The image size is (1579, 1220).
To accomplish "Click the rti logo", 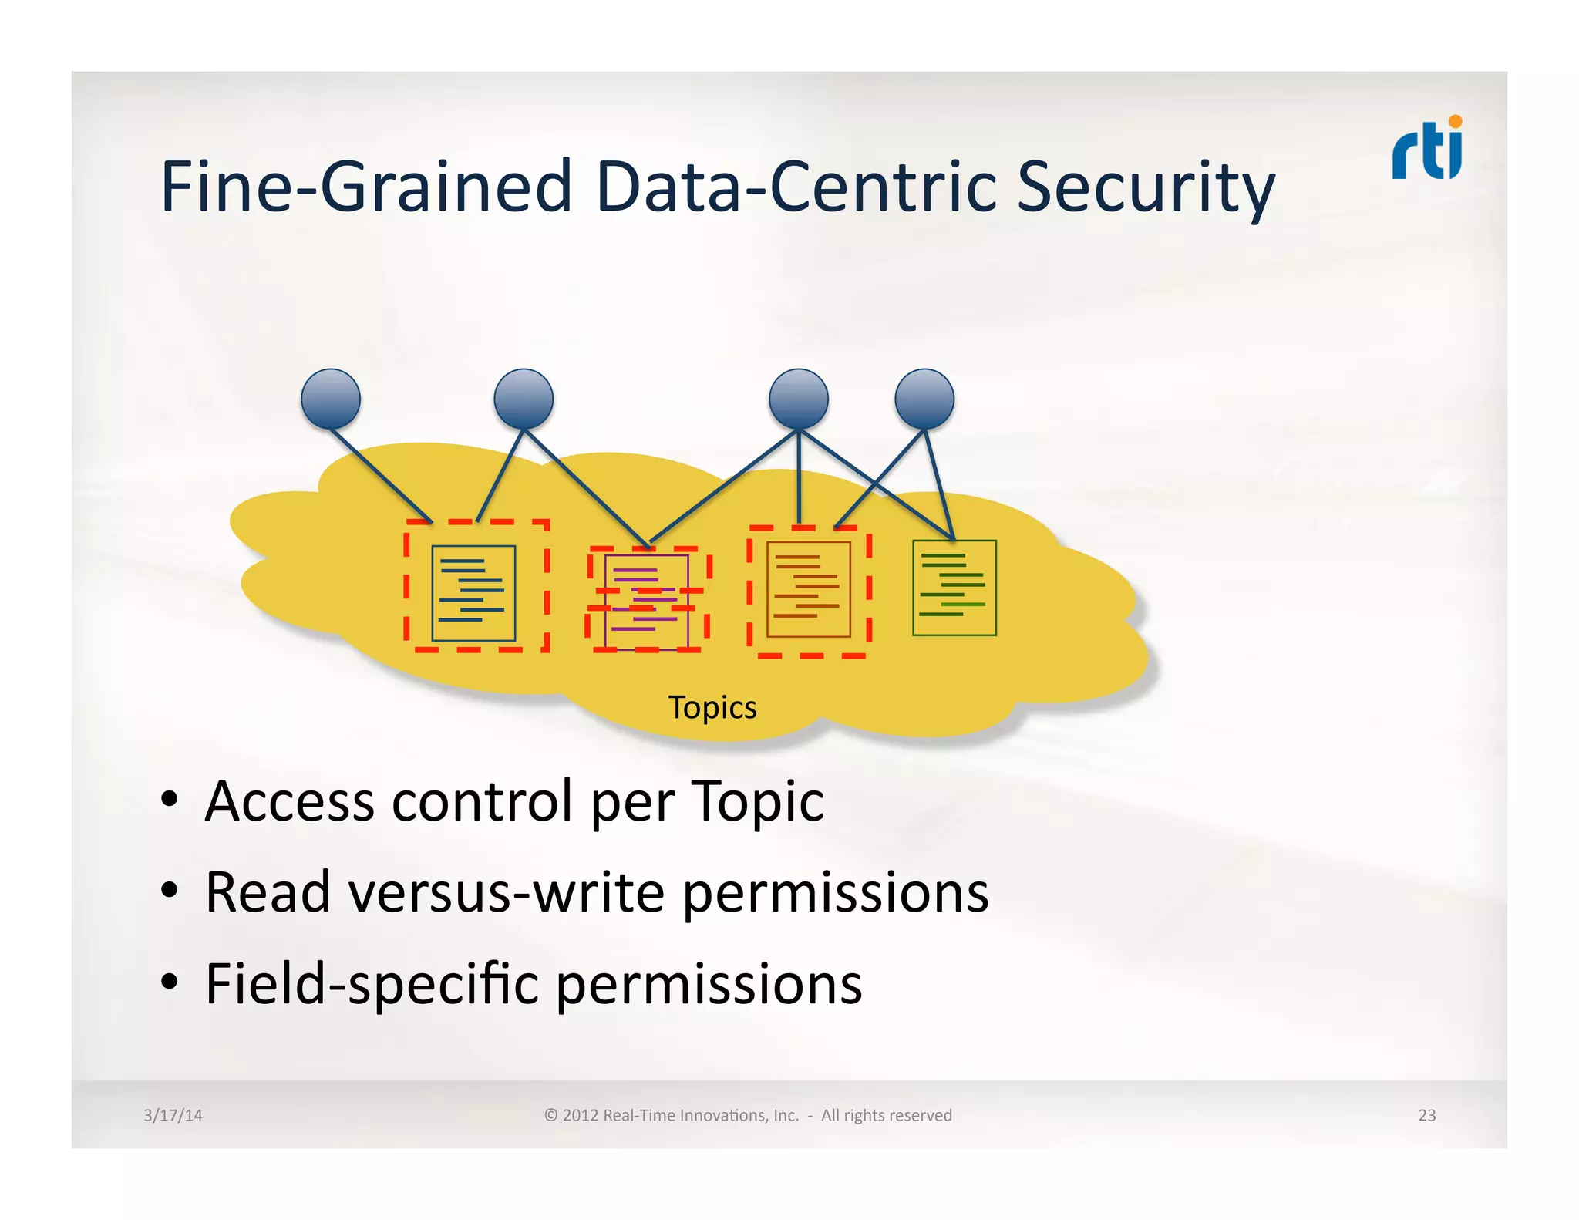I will click(x=1427, y=148).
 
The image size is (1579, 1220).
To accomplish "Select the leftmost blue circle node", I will click(x=331, y=399).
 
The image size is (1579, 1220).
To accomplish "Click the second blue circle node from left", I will click(x=524, y=399).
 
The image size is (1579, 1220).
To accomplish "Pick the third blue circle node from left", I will click(x=799, y=399).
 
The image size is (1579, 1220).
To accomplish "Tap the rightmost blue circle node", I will click(x=924, y=399).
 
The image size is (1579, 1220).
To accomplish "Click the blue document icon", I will click(x=473, y=593).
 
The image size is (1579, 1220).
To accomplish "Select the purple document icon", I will click(x=646, y=601).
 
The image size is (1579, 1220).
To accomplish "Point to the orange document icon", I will click(x=808, y=589).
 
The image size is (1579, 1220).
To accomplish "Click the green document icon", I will click(x=954, y=588).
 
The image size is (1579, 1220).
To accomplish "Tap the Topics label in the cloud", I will click(x=712, y=707).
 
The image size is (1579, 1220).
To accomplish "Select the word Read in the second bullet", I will click(x=268, y=892).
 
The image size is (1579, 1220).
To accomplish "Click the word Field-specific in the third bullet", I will click(x=372, y=985).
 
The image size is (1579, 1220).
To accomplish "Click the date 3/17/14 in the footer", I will click(x=173, y=1115).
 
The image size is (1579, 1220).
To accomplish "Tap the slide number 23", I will click(x=1426, y=1115).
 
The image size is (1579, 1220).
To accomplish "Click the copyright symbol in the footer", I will click(x=550, y=1115).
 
